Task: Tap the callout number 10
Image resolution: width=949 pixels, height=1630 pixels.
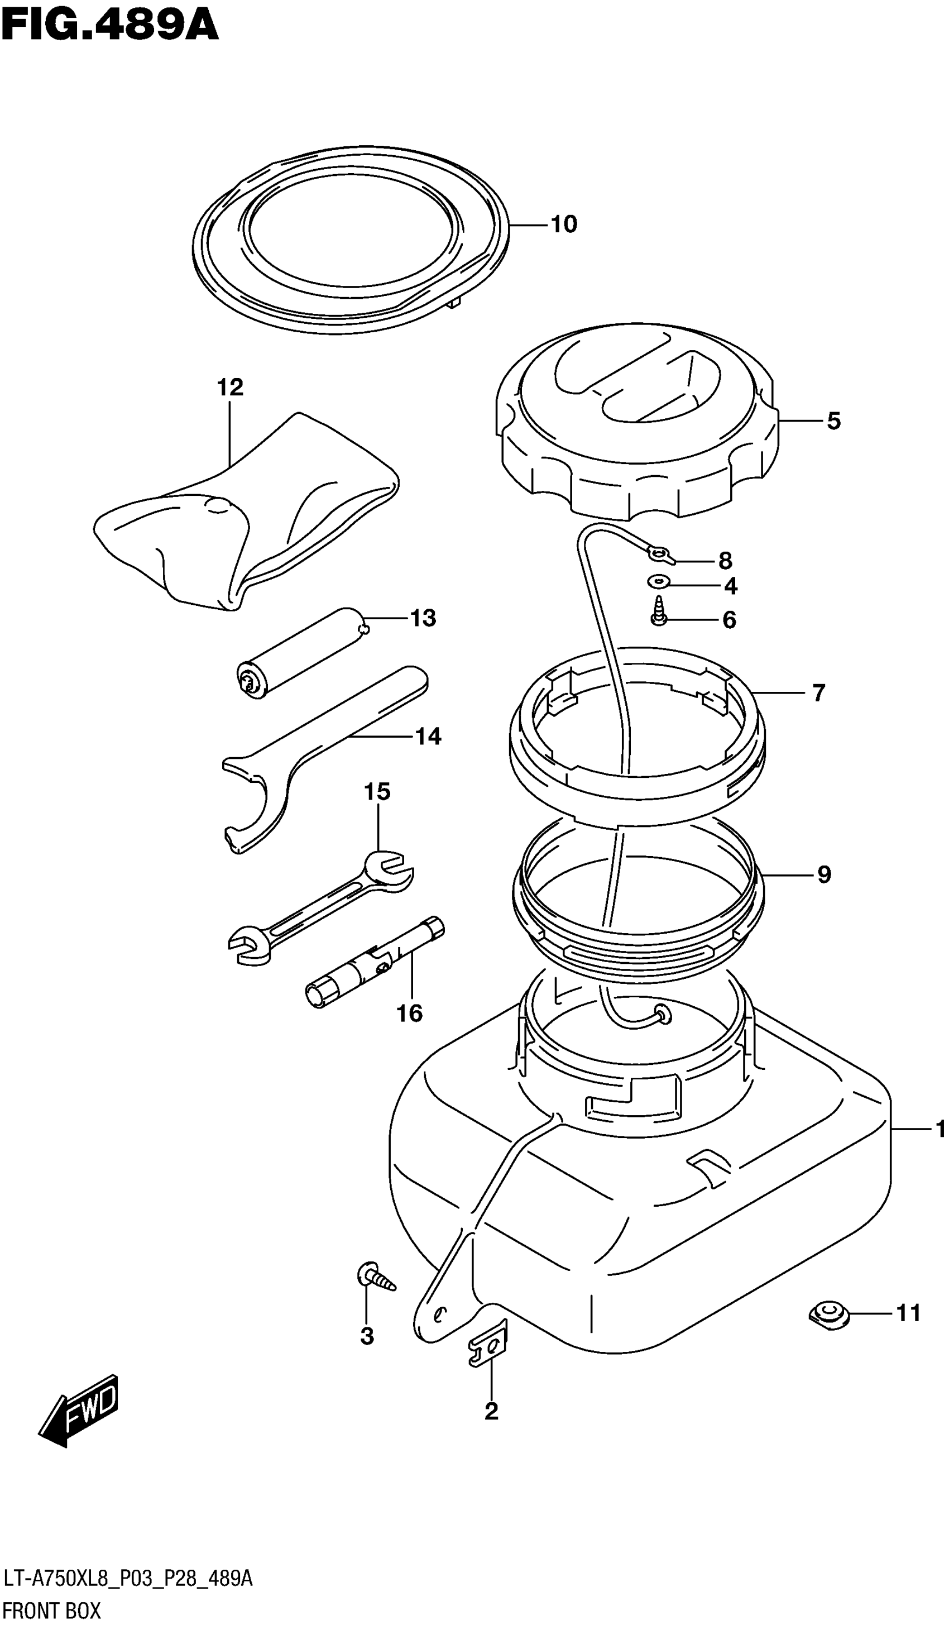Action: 563,224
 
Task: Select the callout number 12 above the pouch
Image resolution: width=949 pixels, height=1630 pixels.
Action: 229,388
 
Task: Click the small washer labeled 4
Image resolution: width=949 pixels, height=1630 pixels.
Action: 659,581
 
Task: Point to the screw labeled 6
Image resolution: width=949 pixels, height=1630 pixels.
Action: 659,612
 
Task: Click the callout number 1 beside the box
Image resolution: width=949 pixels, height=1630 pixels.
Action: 940,1129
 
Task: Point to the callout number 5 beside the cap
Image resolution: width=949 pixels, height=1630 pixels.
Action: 834,421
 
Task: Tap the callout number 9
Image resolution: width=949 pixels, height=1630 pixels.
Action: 823,874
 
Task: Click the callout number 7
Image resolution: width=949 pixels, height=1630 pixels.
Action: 818,694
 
